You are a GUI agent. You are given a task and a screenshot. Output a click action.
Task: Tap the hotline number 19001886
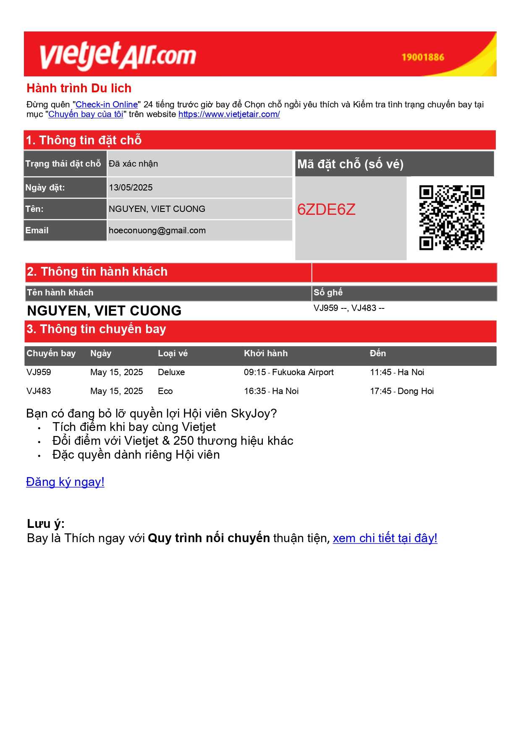pos(422,57)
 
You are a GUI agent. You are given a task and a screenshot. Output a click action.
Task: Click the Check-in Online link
pos(107,104)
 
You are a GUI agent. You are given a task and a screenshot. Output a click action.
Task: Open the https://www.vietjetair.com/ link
pos(229,114)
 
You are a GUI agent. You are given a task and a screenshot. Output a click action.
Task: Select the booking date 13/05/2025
pos(131,188)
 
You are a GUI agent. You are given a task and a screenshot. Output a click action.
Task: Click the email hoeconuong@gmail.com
pos(157,230)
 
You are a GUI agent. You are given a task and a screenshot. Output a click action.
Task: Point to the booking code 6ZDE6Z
pos(326,209)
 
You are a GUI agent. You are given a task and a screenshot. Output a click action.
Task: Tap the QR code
pos(451,217)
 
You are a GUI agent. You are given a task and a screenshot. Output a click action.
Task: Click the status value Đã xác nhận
pos(133,164)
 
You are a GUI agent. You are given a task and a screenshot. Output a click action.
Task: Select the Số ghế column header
pos(328,292)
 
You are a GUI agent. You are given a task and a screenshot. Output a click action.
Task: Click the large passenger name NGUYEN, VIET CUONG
pos(104,311)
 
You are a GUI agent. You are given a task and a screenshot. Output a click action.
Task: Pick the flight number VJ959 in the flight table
pos(39,372)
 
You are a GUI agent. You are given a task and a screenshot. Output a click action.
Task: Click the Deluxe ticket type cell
pos(171,372)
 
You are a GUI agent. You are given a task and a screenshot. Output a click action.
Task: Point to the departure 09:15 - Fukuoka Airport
pos(288,372)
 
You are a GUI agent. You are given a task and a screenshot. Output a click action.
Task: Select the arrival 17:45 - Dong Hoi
pos(401,391)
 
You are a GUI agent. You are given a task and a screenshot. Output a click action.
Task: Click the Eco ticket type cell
pos(165,391)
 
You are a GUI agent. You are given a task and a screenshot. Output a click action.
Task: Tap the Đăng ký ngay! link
pos(65,482)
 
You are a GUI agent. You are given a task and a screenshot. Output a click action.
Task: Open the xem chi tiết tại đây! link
pos(385,538)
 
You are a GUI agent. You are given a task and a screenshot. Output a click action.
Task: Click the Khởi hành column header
pos(266,353)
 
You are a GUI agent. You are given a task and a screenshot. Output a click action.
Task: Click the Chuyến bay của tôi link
pos(86,114)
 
